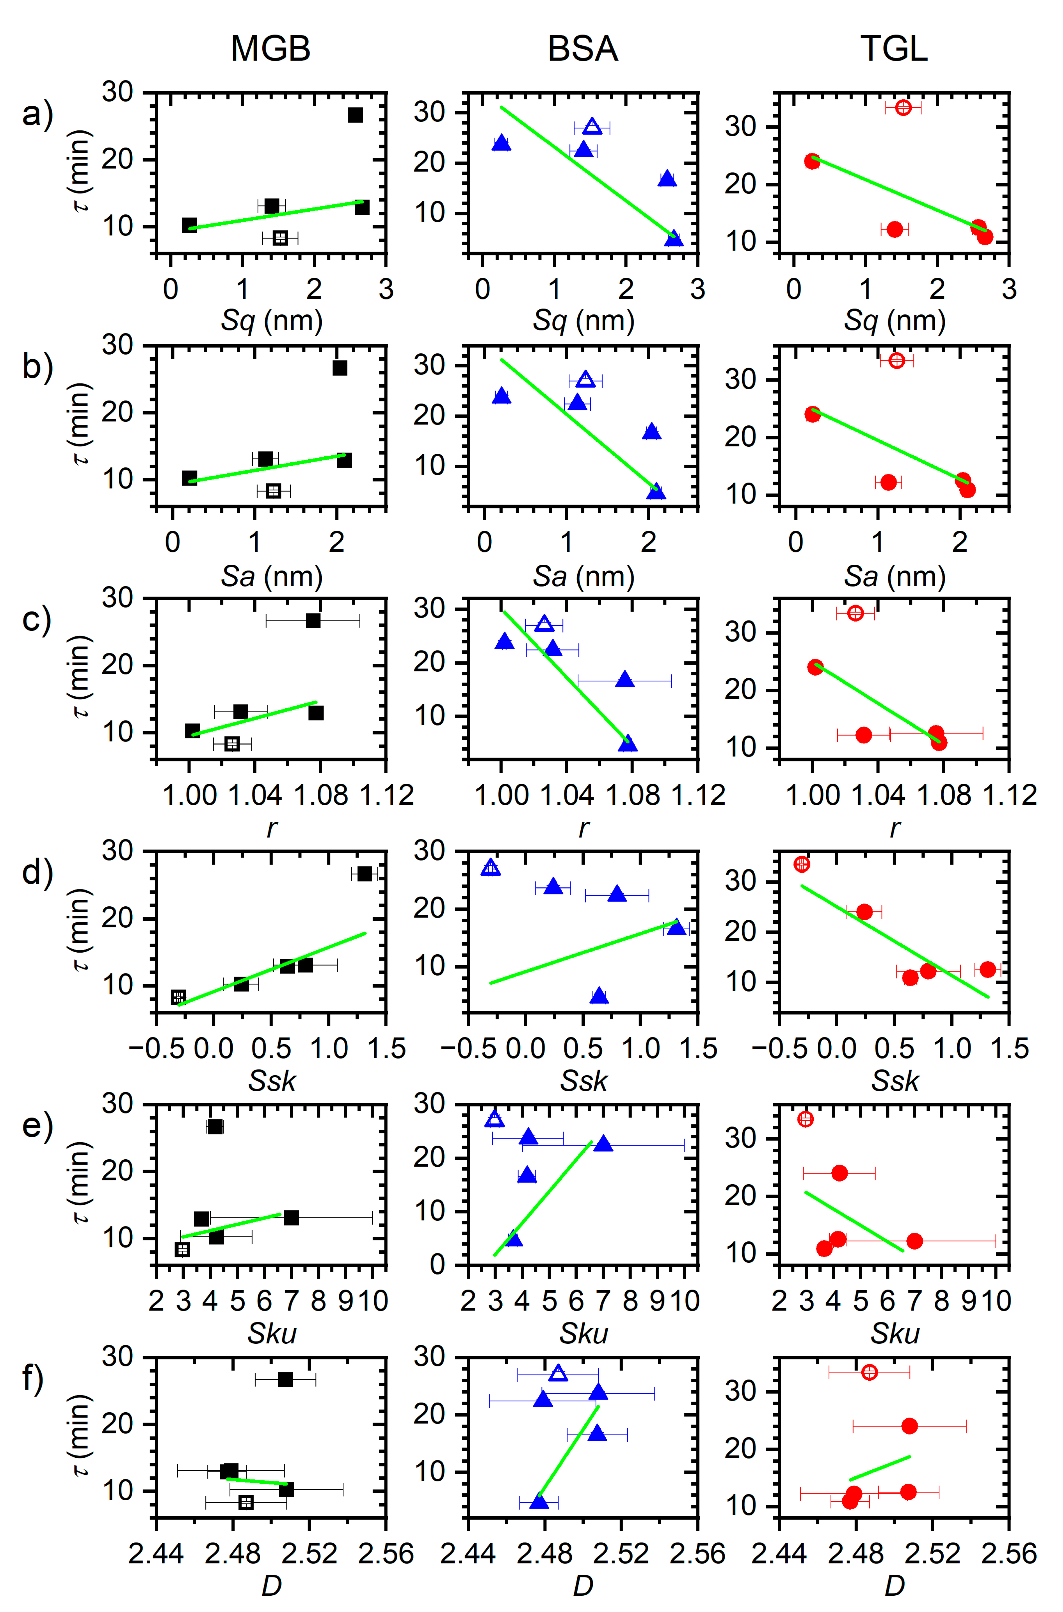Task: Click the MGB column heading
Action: pos(271,49)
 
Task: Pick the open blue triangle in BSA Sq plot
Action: pos(592,127)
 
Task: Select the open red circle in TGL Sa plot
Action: pos(896,360)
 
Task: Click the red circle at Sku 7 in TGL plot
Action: pos(914,1241)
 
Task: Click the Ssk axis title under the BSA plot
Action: pos(583,1081)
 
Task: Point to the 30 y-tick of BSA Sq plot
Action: pos(430,112)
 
